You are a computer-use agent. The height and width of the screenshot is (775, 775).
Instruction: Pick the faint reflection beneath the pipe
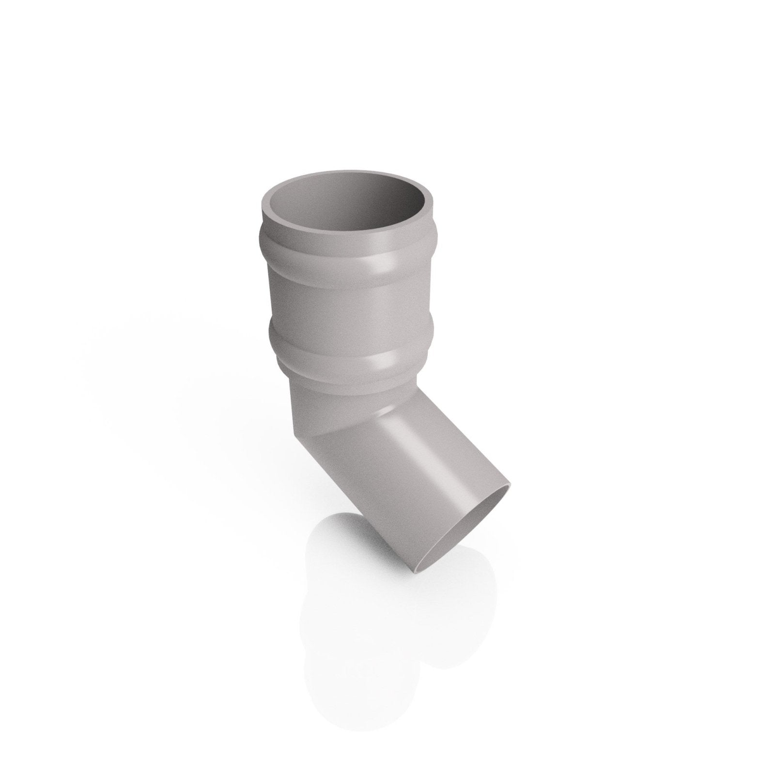click(x=368, y=630)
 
